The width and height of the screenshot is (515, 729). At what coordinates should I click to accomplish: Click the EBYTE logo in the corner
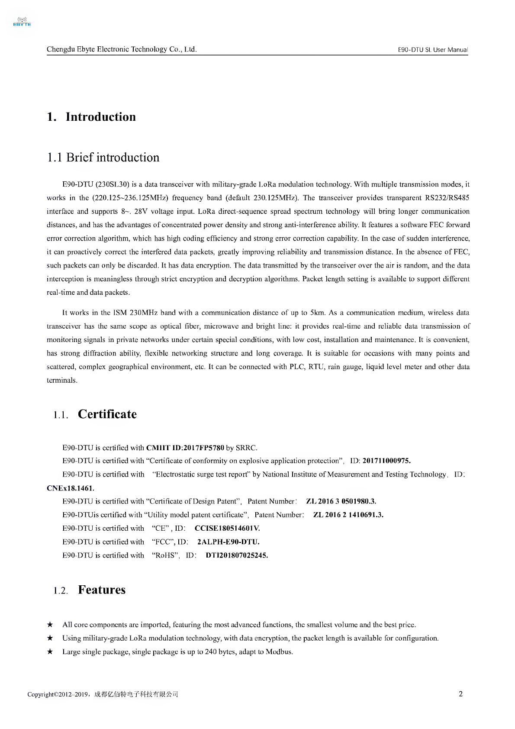click(x=22, y=22)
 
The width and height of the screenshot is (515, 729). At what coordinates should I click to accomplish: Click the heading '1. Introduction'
click(x=91, y=117)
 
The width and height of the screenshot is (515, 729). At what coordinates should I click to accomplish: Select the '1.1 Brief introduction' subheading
click(x=103, y=158)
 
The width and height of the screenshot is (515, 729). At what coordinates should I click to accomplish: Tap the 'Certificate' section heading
click(x=107, y=414)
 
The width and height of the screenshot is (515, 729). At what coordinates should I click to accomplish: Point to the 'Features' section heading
click(x=102, y=590)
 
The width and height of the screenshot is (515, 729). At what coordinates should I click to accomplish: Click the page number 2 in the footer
click(x=460, y=694)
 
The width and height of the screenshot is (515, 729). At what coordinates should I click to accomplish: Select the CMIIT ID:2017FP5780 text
click(x=185, y=448)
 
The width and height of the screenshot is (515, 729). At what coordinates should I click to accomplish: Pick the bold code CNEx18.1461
click(x=70, y=488)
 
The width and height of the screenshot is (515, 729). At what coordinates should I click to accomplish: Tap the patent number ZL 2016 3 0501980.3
click(x=341, y=502)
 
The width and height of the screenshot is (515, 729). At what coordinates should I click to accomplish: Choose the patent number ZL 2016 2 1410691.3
click(x=348, y=515)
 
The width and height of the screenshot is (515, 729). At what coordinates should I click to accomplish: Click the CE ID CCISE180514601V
click(x=227, y=529)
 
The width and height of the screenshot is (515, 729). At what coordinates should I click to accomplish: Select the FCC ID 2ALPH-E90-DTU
click(x=228, y=542)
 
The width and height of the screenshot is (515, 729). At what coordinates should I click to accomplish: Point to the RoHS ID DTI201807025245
click(x=237, y=555)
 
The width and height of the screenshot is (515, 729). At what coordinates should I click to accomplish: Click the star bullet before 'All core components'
click(x=50, y=625)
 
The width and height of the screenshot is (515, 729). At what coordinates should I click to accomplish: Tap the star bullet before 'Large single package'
click(x=50, y=652)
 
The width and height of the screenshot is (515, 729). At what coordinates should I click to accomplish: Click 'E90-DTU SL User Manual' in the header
click(x=432, y=50)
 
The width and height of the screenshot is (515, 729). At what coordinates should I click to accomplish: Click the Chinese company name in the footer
click(x=136, y=694)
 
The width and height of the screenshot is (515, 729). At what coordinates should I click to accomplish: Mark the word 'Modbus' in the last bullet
click(x=279, y=652)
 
